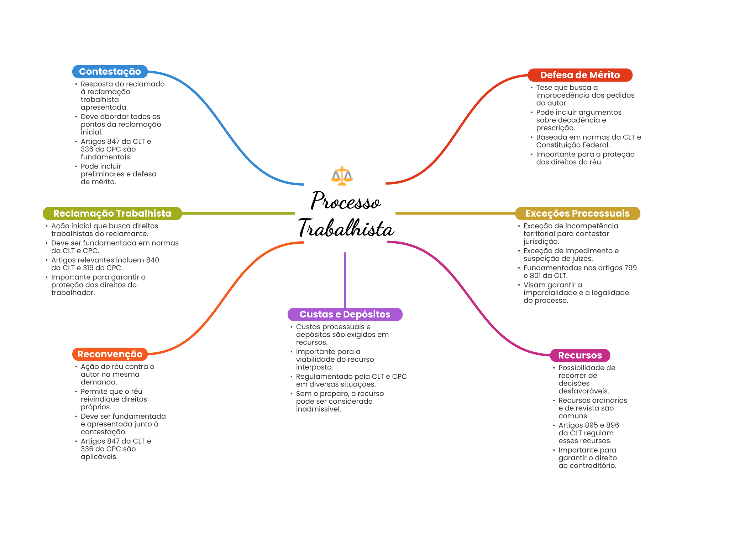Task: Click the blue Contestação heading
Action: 110,72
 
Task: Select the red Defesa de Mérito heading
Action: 579,75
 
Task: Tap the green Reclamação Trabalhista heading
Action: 112,213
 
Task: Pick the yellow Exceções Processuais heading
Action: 577,213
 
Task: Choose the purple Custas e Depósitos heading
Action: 345,314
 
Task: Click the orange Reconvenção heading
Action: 110,354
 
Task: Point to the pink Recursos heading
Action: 579,355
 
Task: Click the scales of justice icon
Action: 342,176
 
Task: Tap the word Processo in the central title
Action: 345,201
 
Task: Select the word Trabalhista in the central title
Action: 346,228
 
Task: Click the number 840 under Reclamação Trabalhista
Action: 152,260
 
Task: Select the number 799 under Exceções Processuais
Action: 630,268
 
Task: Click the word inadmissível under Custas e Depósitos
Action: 318,409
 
